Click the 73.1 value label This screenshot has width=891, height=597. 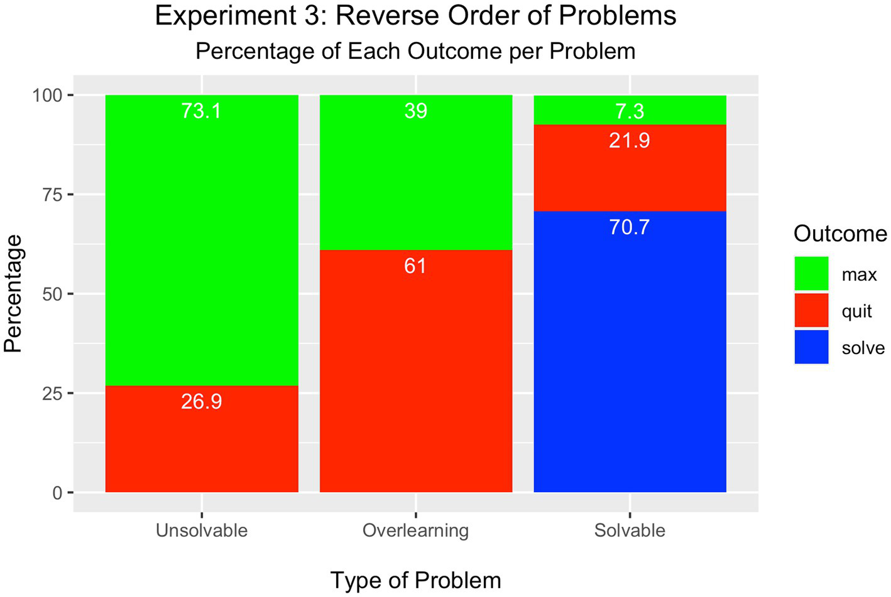point(201,111)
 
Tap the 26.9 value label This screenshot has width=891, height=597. point(201,402)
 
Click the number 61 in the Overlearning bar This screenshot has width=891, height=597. point(415,266)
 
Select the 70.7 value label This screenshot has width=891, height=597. point(630,227)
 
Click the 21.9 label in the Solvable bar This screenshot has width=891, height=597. point(630,141)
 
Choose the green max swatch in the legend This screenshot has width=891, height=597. point(811,274)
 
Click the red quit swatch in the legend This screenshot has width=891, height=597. point(811,310)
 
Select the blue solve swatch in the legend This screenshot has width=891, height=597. point(811,347)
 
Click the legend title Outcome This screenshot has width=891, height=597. point(840,234)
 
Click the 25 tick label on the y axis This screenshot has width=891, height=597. point(53,394)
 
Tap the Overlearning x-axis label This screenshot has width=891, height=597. point(415,530)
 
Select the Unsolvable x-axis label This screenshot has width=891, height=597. point(201,530)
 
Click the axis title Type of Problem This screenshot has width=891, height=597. point(415,580)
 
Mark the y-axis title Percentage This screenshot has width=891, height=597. point(14,294)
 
